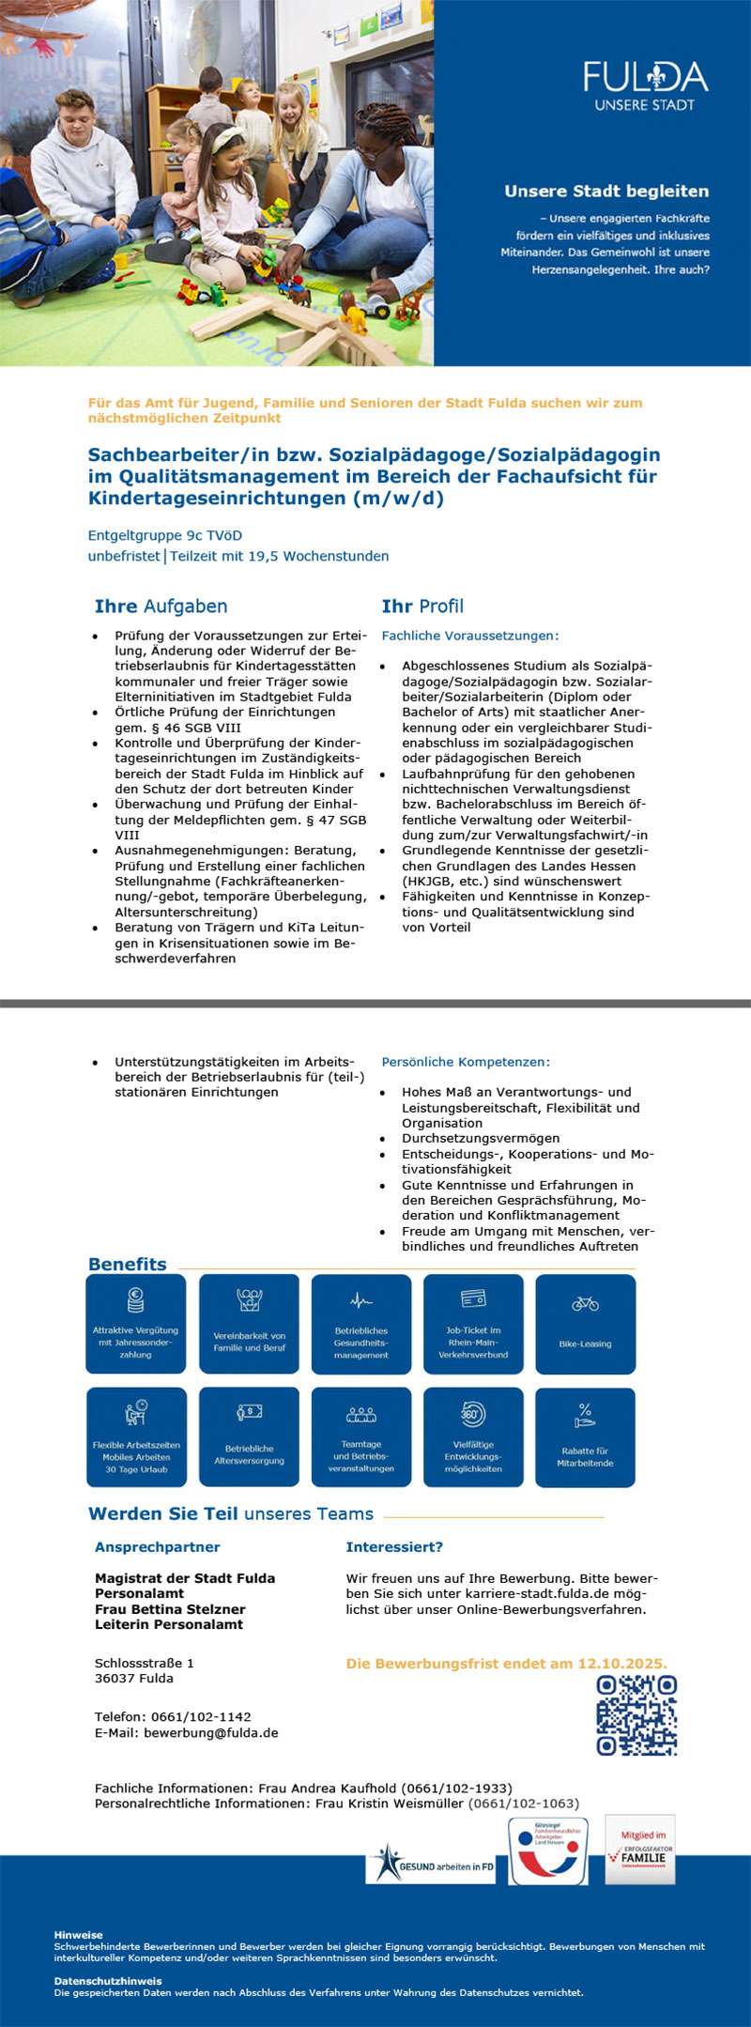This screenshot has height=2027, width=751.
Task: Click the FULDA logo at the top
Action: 645,85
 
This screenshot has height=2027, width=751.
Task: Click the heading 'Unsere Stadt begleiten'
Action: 606,192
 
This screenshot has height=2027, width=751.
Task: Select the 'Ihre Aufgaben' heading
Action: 161,607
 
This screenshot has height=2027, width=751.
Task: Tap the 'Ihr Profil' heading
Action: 422,607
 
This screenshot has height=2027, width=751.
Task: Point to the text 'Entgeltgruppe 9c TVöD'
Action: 165,536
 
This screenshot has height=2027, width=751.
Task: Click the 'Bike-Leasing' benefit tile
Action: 585,1324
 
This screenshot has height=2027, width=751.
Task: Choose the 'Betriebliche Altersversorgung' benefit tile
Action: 249,1436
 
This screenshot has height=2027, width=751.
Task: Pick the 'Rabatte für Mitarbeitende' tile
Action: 585,1436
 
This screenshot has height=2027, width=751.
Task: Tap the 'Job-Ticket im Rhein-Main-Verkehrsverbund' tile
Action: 473,1324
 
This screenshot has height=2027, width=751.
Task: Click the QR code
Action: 636,1715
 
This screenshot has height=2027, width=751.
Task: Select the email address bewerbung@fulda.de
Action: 210,1733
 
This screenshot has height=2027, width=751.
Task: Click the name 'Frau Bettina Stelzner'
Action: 170,1609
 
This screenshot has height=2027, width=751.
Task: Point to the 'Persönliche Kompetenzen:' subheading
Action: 466,1062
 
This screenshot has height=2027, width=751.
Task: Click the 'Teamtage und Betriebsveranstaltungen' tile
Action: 361,1436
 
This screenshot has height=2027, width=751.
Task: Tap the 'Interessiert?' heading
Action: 394,1547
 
